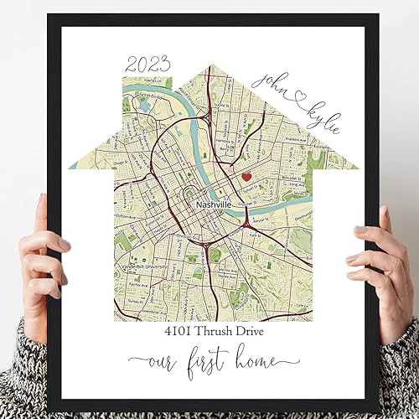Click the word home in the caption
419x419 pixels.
coord(266,363)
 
